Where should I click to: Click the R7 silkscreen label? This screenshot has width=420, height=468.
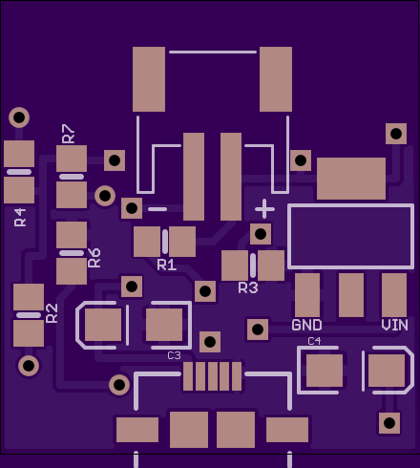68,134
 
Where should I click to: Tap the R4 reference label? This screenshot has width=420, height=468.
20,217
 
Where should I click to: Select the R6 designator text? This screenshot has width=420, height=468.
94,258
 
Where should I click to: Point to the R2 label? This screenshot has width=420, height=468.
52,313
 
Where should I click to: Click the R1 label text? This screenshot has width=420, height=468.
167,265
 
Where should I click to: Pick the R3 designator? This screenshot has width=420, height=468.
248,287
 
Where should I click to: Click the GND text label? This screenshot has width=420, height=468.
306,325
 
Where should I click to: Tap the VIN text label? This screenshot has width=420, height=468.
394,325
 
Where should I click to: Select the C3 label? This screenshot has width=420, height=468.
174,355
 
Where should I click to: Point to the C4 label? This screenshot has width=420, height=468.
314,341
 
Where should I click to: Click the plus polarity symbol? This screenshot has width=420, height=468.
264,209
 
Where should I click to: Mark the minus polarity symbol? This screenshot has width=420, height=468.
157,209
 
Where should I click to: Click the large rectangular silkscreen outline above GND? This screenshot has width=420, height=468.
351,205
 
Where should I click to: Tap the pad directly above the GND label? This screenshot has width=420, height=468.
307,295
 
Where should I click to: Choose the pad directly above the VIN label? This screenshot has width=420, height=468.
394,295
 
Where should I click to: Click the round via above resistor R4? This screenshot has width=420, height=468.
19,117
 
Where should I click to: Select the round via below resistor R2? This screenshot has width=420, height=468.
29,366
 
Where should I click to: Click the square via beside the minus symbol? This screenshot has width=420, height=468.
132,208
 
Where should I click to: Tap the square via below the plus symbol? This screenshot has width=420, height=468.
261,234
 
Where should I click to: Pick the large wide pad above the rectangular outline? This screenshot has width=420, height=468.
351,179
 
